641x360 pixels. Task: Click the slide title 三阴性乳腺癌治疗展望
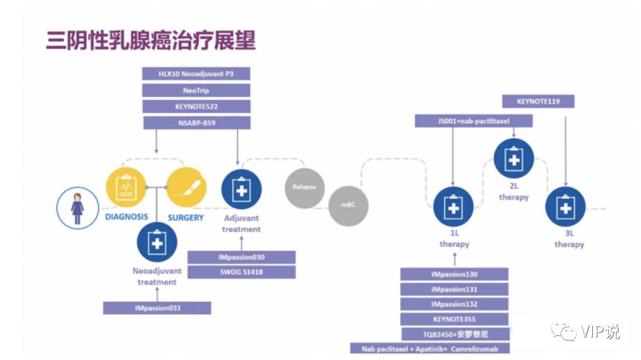coord(151,41)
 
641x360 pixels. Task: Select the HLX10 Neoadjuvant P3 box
coord(196,74)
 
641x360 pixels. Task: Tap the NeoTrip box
coord(196,90)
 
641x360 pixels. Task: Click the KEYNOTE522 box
coord(196,107)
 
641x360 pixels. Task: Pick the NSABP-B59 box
coord(196,123)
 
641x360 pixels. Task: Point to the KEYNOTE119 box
coord(538,101)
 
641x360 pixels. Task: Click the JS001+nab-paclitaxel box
coord(474,121)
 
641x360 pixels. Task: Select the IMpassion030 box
coord(241,257)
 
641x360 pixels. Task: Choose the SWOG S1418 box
coord(241,272)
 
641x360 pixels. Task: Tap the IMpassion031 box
coord(157,308)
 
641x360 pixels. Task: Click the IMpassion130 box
coord(454,275)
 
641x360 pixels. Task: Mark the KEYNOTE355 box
coord(454,319)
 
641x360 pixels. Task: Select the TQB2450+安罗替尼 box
coord(454,334)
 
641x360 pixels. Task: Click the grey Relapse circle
coord(304,187)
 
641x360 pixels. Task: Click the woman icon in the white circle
coord(77,208)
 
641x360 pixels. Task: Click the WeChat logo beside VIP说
coord(563,332)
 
